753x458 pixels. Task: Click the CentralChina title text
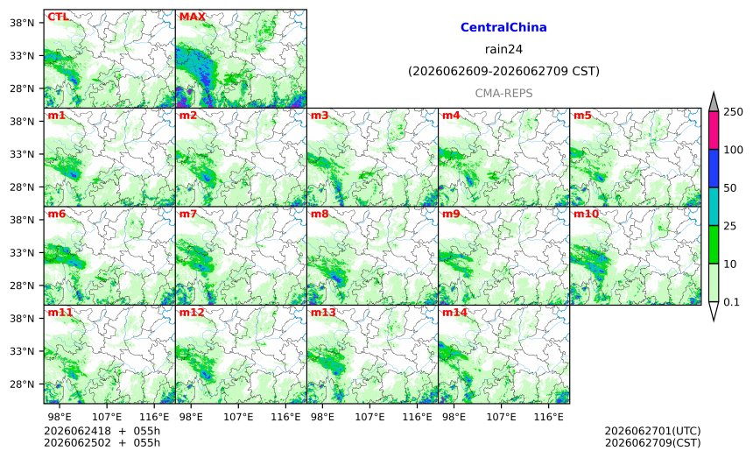tap(503, 27)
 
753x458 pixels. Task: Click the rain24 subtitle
tap(503, 49)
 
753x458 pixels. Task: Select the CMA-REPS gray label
tap(503, 93)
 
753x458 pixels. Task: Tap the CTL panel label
tap(58, 17)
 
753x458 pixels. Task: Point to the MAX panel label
tap(192, 17)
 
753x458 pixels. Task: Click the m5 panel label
tap(582, 116)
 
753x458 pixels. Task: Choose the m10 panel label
tap(587, 214)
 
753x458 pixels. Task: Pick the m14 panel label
tap(454, 313)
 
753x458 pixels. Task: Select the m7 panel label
tap(188, 214)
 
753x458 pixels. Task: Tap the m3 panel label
tap(320, 116)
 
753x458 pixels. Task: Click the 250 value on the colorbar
tap(734, 112)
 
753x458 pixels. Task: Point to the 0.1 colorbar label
tap(731, 302)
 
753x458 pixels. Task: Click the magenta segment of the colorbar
tap(714, 130)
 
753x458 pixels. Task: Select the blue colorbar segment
tap(714, 168)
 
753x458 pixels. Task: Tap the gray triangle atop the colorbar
tap(714, 102)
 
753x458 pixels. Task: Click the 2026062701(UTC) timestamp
tap(652, 431)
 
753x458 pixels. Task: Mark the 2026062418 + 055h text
tap(102, 431)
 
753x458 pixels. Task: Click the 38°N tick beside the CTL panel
tap(22, 23)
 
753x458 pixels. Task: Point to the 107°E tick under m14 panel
tap(502, 417)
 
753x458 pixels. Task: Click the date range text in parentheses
tap(503, 71)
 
